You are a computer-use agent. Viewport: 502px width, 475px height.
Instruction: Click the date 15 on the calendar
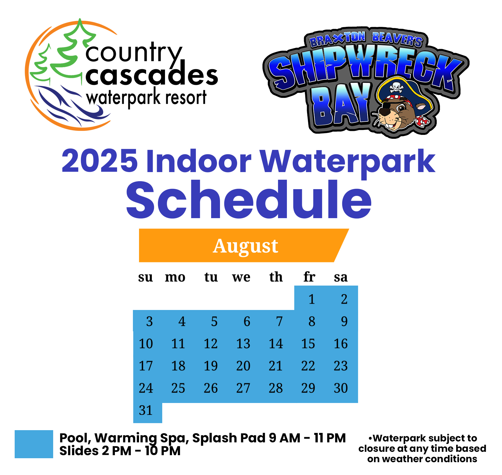click(x=308, y=344)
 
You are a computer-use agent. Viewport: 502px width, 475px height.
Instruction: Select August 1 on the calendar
click(x=312, y=299)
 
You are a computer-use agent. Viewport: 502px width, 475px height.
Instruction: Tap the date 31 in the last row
click(x=146, y=410)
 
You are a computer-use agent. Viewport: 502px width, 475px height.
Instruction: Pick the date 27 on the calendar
click(x=243, y=388)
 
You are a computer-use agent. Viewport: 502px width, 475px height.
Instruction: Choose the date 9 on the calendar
click(x=344, y=322)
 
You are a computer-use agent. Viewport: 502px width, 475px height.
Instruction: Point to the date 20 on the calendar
click(x=243, y=366)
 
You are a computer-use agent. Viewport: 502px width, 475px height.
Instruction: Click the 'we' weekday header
click(x=241, y=277)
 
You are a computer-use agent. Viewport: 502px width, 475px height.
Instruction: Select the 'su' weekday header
click(x=145, y=277)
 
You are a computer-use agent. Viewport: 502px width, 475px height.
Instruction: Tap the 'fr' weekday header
click(x=309, y=277)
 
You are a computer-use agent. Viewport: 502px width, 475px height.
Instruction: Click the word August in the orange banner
click(x=245, y=246)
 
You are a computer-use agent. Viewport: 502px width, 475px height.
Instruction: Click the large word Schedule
click(x=249, y=200)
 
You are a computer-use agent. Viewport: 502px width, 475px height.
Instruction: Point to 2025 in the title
click(x=100, y=161)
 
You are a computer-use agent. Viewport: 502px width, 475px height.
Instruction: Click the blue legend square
click(x=34, y=444)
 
